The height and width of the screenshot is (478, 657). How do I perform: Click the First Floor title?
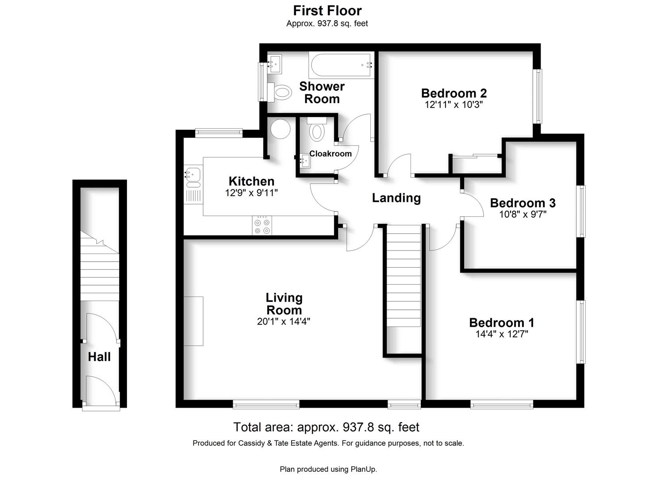[327, 11]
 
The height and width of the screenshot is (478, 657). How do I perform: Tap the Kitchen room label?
[251, 181]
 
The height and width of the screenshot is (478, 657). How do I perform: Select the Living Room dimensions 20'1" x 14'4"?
[284, 322]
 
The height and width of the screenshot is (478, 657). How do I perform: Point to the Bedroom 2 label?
[454, 93]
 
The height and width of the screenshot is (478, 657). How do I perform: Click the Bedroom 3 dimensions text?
[523, 215]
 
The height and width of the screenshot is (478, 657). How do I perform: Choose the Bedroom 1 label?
[502, 323]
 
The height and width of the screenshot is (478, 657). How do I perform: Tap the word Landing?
[396, 198]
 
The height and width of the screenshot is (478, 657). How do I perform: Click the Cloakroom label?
[330, 154]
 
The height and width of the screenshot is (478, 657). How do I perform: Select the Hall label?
[100, 357]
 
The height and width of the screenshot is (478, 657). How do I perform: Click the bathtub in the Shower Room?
[341, 65]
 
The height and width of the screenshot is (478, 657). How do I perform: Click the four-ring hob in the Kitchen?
[262, 226]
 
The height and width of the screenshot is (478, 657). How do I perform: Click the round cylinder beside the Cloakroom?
[280, 129]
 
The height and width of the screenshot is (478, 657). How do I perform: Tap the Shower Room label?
[322, 93]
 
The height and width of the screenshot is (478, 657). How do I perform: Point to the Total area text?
[326, 427]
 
